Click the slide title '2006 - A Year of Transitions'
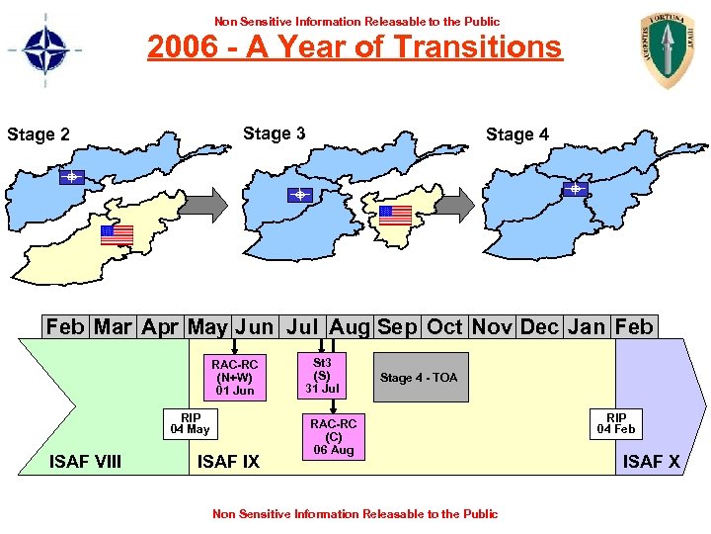(x=355, y=46)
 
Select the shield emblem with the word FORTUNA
(x=668, y=49)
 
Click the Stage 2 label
(x=39, y=134)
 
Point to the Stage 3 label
(x=274, y=133)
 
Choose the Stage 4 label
(x=516, y=134)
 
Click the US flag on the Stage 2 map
(x=117, y=234)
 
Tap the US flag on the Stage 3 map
(x=395, y=215)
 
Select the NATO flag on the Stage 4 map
(x=575, y=188)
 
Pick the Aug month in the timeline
(x=349, y=326)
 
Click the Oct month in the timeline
(x=444, y=326)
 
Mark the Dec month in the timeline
(x=539, y=326)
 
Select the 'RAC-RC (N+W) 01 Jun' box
(x=235, y=378)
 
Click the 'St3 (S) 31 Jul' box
(x=321, y=376)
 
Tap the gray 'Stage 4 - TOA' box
(x=419, y=378)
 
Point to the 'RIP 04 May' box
(x=191, y=423)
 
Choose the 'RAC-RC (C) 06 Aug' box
(x=334, y=437)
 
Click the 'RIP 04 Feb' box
(x=615, y=423)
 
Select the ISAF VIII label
(x=86, y=461)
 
